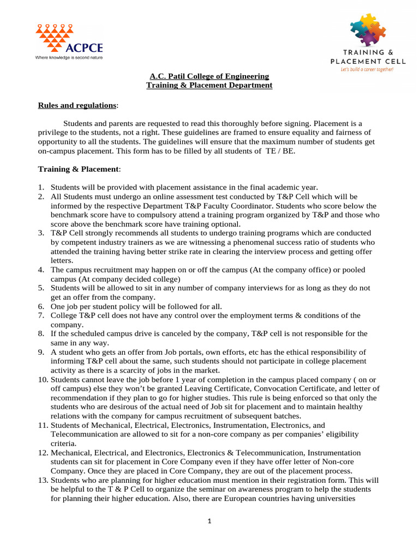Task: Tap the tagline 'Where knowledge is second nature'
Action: point(68,57)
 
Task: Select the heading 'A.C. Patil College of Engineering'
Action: point(209,76)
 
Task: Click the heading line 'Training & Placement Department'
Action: point(209,85)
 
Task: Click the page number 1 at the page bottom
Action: point(209,521)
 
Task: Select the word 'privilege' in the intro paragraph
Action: point(53,132)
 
